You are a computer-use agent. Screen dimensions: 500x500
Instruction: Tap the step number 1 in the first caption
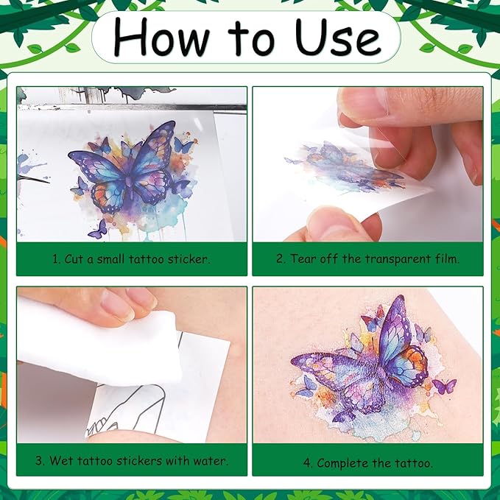click(x=55, y=259)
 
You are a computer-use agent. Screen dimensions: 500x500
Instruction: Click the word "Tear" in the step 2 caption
click(x=306, y=259)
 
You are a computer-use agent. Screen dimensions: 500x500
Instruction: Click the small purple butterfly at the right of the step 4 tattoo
click(x=444, y=385)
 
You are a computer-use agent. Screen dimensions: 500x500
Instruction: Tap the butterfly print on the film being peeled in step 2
click(x=342, y=168)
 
